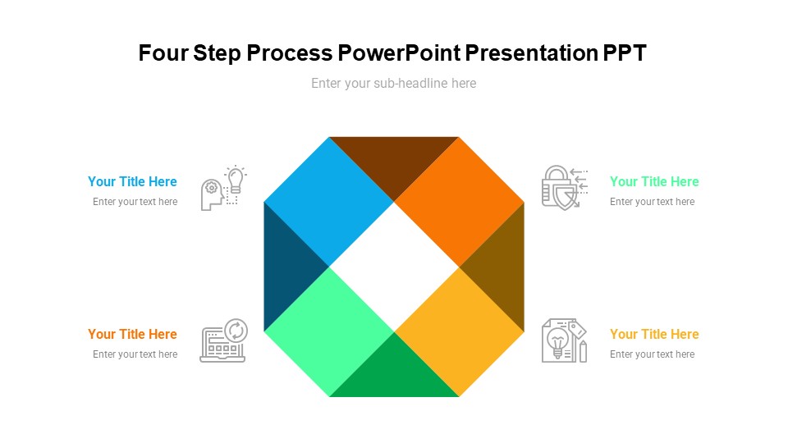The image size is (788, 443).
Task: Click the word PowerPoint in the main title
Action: [399, 53]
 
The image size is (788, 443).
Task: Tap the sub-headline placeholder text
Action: [393, 83]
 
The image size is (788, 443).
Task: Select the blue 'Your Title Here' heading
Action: [132, 181]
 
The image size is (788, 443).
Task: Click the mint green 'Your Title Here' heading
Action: [654, 181]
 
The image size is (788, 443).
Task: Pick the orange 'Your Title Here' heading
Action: [132, 334]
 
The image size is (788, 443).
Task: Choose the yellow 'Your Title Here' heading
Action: [654, 334]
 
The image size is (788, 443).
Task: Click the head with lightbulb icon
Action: [223, 188]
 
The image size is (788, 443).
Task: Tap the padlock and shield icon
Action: [564, 187]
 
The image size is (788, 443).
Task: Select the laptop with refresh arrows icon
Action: [223, 340]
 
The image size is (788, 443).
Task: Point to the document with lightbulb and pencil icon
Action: [564, 340]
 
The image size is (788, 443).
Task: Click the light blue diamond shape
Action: [329, 201]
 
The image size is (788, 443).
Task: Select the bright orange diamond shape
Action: [459, 201]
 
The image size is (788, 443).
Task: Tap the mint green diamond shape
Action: [329, 331]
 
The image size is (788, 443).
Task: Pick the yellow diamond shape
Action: [459, 331]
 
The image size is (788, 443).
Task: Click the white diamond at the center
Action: [394, 267]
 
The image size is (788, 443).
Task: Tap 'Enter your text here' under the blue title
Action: [135, 202]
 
